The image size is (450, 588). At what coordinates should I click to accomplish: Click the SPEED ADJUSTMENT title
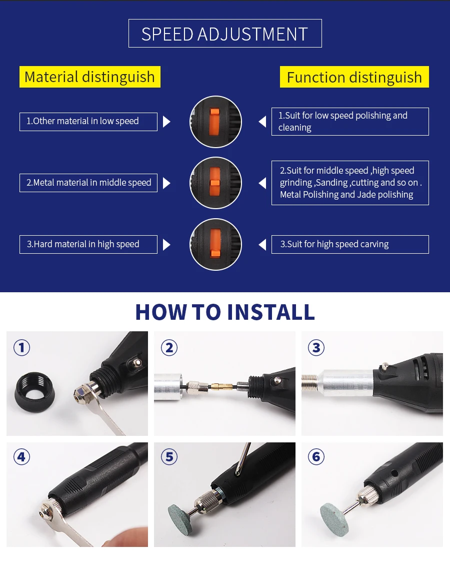[x=225, y=34]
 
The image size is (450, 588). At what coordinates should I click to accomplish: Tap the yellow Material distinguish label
[x=90, y=77]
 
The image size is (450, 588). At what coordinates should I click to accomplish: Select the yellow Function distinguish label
[x=354, y=77]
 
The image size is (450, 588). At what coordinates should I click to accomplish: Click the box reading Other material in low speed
[x=88, y=122]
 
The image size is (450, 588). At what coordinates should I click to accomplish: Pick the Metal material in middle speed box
[x=88, y=183]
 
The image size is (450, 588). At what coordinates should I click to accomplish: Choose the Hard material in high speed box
[x=88, y=245]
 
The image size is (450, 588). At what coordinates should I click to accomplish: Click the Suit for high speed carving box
[x=350, y=245]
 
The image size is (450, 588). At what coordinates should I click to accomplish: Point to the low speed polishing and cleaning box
[x=350, y=122]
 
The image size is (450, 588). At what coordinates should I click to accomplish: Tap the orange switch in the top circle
[x=214, y=122]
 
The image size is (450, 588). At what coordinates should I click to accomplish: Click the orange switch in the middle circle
[x=214, y=183]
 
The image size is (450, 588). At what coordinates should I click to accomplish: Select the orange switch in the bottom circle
[x=215, y=244]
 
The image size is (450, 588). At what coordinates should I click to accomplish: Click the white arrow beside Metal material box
[x=166, y=183]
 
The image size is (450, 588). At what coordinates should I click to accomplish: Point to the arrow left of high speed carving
[x=262, y=245]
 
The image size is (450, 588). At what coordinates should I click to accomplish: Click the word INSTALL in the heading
[x=271, y=312]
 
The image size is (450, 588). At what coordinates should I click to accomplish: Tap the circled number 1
[x=21, y=348]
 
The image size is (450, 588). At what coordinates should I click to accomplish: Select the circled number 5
[x=169, y=457]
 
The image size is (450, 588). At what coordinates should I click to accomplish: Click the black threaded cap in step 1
[x=35, y=392]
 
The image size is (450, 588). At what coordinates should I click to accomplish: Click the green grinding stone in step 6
[x=335, y=518]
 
